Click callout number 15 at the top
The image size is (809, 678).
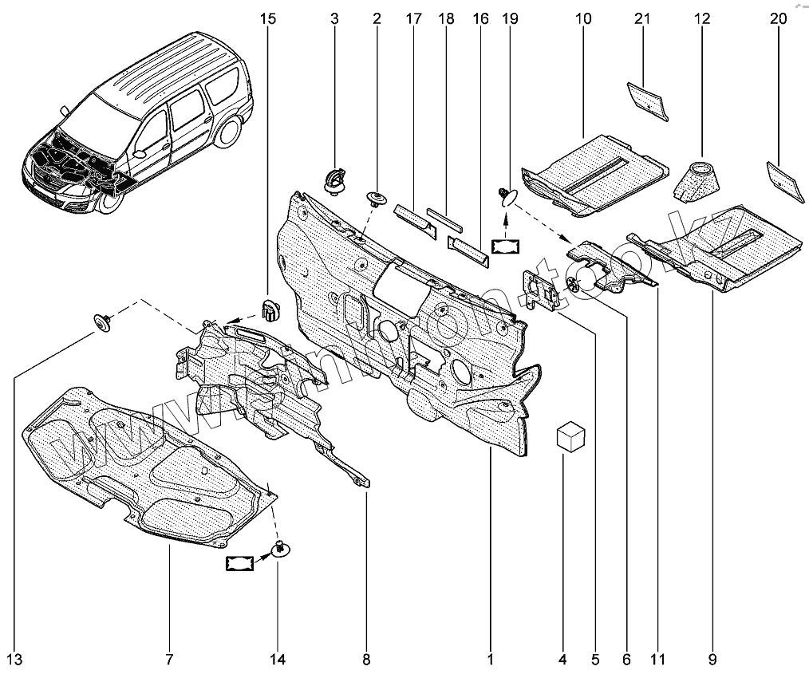[x=268, y=18]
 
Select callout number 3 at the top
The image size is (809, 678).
[x=334, y=18]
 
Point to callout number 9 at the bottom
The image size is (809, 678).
[x=711, y=659]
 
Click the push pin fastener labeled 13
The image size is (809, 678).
[x=103, y=321]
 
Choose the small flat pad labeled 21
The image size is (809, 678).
[x=647, y=98]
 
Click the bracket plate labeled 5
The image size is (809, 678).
[x=541, y=289]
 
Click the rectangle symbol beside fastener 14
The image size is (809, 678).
[x=240, y=564]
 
